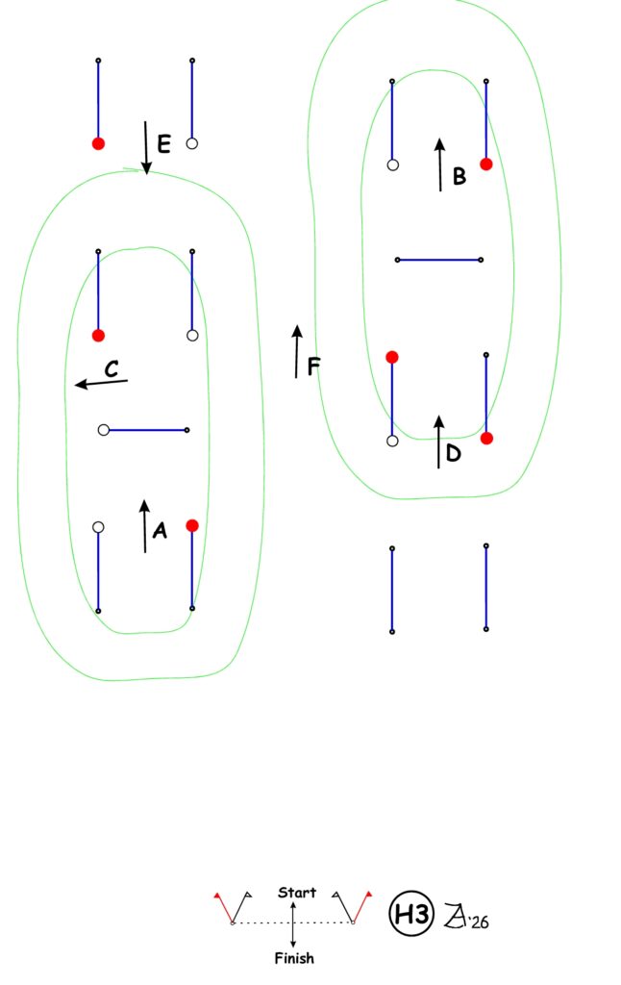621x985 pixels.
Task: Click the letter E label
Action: [x=163, y=144]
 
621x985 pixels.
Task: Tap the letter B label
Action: [x=460, y=176]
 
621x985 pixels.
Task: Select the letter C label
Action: [x=112, y=368]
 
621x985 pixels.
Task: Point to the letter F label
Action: [x=313, y=366]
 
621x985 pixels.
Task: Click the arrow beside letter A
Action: [x=145, y=526]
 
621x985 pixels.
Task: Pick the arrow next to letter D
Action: [x=439, y=442]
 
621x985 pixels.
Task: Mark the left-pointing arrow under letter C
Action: [x=101, y=383]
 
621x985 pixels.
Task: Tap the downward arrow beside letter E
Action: [x=146, y=147]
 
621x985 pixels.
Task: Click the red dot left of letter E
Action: [x=98, y=143]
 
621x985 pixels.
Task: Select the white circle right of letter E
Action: [x=192, y=143]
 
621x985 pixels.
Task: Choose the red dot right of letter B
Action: [x=486, y=164]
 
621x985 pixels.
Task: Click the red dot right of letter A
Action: [x=192, y=526]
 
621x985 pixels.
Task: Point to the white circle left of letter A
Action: [x=98, y=527]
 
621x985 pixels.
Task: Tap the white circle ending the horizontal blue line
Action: [x=104, y=430]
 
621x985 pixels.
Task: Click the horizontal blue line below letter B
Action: [x=439, y=260]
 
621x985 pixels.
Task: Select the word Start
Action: [x=297, y=893]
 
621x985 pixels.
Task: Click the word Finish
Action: [x=294, y=958]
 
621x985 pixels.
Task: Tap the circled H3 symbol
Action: [x=411, y=914]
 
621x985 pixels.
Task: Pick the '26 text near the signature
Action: [x=479, y=922]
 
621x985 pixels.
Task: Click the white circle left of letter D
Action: [x=392, y=441]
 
